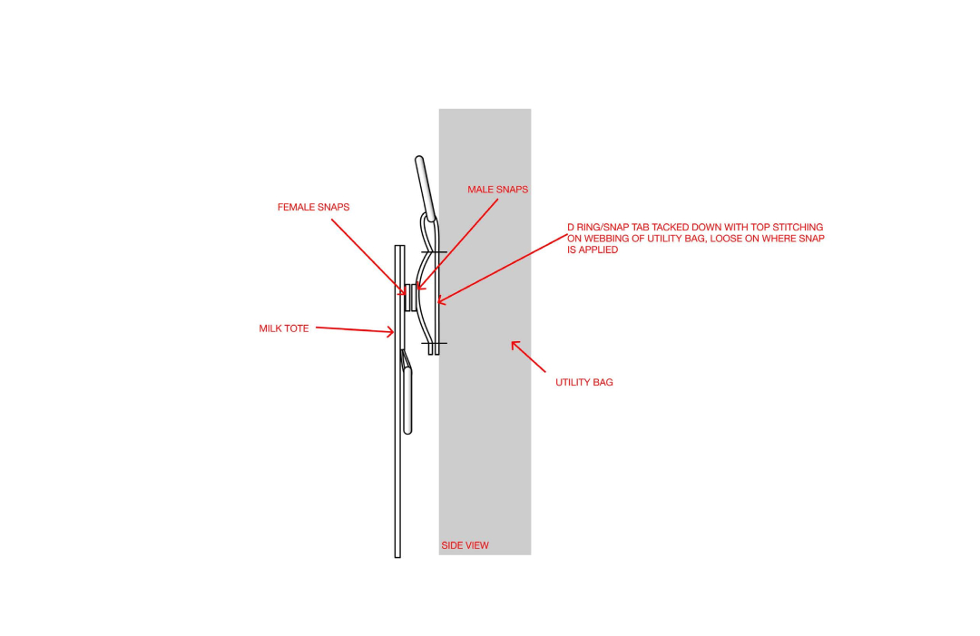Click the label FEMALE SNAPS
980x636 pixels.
[313, 208]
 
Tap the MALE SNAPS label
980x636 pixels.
[497, 190]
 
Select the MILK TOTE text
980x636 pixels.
[284, 328]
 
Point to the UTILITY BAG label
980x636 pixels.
[583, 382]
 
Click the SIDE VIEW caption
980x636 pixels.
[465, 545]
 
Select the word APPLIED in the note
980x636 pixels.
[598, 250]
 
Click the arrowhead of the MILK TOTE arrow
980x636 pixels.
[393, 332]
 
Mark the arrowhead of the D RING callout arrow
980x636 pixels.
[438, 302]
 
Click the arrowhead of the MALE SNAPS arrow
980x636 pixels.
[417, 289]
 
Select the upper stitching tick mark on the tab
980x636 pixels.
[434, 252]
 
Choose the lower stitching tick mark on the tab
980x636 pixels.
[434, 343]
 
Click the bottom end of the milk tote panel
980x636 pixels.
[397, 557]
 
